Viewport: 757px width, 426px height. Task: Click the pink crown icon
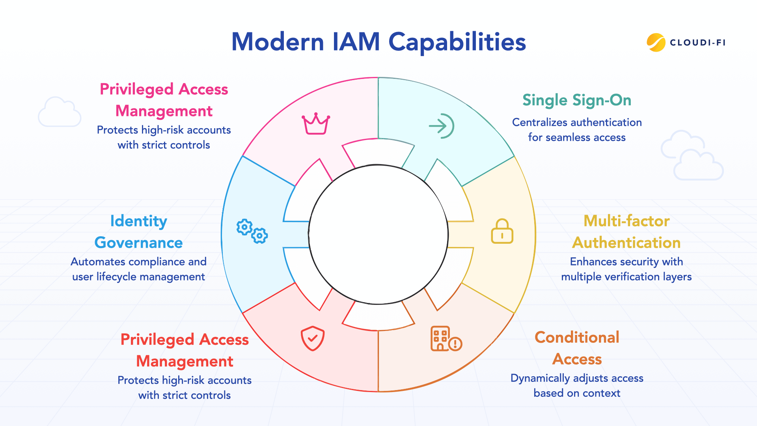click(x=315, y=124)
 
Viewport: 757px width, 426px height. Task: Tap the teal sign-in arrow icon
click(x=442, y=126)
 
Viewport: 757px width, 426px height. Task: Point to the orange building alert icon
click(x=446, y=339)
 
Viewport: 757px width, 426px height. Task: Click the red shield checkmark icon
click(x=313, y=338)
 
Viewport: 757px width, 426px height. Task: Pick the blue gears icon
click(x=252, y=231)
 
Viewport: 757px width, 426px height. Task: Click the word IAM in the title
click(x=356, y=42)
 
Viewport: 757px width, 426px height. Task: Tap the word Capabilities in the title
click(x=457, y=43)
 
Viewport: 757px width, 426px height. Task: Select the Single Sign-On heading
click(x=577, y=100)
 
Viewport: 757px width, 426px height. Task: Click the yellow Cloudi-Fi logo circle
click(x=656, y=43)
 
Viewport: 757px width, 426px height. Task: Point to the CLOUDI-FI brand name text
click(x=698, y=43)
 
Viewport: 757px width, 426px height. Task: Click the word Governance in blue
click(x=138, y=243)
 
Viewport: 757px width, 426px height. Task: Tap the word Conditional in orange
click(x=577, y=337)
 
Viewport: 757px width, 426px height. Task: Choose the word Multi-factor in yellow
click(x=626, y=221)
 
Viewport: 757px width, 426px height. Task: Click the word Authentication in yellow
click(x=626, y=243)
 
